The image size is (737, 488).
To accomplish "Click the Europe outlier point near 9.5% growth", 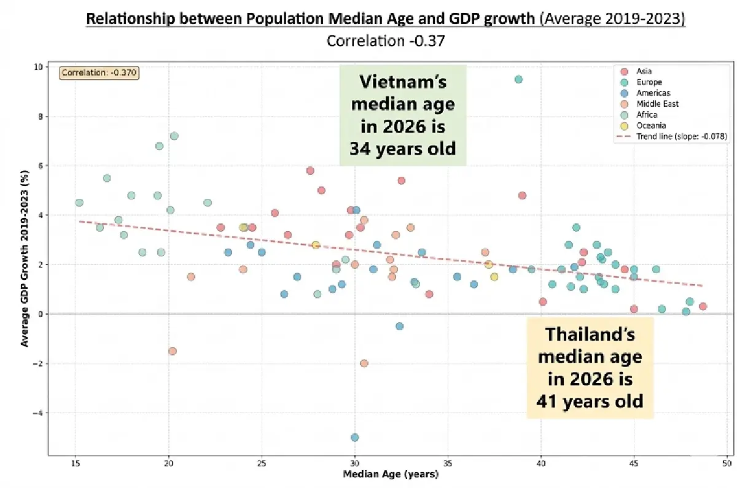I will click(x=518, y=79).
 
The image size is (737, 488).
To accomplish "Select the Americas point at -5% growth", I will click(x=354, y=437).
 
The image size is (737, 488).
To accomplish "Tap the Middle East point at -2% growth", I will click(x=364, y=363).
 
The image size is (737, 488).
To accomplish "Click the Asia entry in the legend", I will click(x=645, y=71).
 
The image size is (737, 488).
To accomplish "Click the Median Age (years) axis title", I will click(x=388, y=474).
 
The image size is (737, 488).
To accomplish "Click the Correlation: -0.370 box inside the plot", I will click(x=99, y=73).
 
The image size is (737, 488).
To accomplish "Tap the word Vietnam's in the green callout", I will click(x=403, y=83).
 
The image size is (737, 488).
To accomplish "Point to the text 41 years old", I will click(x=590, y=401).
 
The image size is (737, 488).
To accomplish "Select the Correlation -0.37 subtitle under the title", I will click(x=386, y=41).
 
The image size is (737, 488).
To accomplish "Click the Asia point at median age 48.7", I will click(x=703, y=306).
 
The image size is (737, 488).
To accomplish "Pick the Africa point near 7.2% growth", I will click(x=174, y=136).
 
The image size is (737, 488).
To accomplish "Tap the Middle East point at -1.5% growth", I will click(x=172, y=351).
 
